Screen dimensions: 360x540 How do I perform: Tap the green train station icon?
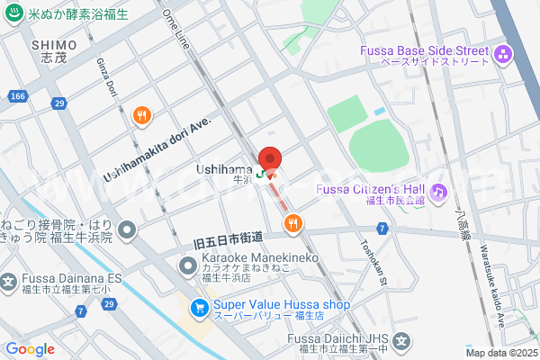260,174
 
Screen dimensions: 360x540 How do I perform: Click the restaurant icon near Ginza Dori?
141,114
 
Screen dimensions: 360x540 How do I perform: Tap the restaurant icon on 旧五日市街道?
292,223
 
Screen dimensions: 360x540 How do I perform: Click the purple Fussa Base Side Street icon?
502,55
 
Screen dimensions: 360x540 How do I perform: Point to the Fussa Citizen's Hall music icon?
438,191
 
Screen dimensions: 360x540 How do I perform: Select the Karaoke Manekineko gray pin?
188,265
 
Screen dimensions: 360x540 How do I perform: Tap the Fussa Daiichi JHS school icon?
401,342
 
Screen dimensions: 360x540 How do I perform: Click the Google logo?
30,349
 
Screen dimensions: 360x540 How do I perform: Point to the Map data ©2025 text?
500,354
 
